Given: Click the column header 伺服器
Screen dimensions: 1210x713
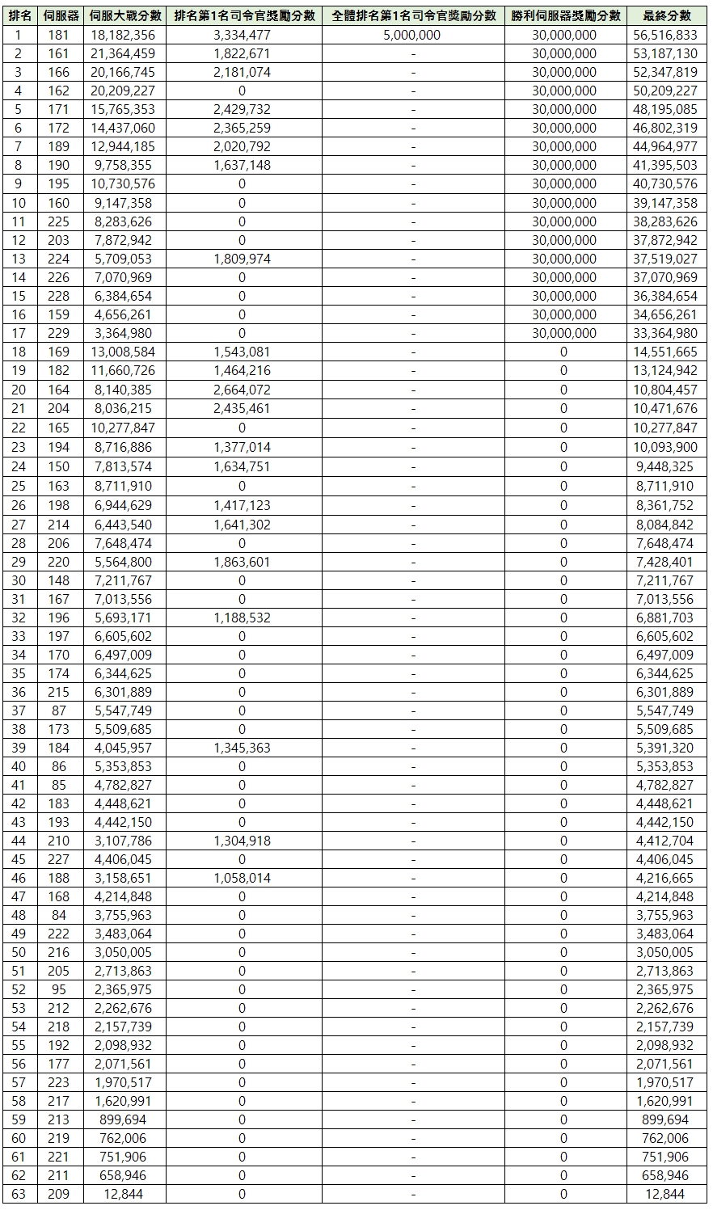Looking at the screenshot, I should click(x=60, y=16).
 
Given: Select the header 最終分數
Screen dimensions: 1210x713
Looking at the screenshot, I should click(x=667, y=16).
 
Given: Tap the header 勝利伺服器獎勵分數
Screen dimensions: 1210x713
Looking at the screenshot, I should click(x=565, y=16).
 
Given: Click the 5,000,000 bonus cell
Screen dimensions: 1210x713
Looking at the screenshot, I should click(x=413, y=35).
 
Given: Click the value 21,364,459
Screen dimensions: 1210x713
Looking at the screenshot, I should click(x=124, y=53).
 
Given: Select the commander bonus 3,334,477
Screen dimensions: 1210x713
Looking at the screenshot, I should click(x=242, y=35).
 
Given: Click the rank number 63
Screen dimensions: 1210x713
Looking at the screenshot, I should click(x=19, y=1194).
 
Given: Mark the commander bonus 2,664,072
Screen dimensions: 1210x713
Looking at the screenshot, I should click(x=242, y=390).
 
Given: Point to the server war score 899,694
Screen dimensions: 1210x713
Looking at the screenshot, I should click(x=124, y=1119).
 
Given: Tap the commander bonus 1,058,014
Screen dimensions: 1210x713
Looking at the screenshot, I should click(x=242, y=878).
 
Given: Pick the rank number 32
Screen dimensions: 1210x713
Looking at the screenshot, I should click(x=19, y=618).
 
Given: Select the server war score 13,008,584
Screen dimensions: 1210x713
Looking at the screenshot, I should click(x=124, y=352).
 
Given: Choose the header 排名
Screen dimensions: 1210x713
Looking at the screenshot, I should click(x=19, y=16).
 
